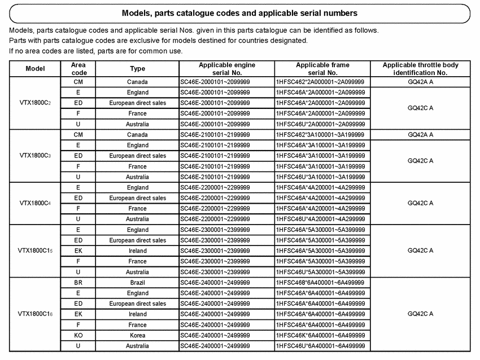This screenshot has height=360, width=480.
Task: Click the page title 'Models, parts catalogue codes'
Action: pyautogui.click(x=239, y=12)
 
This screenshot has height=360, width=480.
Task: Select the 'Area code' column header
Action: pyautogui.click(x=78, y=69)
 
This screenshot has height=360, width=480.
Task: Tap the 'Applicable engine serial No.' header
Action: pyautogui.click(x=226, y=69)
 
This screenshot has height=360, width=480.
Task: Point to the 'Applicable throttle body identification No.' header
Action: pyautogui.click(x=420, y=69)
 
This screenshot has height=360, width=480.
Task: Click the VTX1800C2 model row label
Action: pyautogui.click(x=35, y=103)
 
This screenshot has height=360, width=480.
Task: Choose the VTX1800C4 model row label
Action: pyautogui.click(x=35, y=203)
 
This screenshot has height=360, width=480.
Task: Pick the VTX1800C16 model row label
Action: pyautogui.click(x=35, y=314)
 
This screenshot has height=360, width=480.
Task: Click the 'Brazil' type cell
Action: pyautogui.click(x=137, y=282)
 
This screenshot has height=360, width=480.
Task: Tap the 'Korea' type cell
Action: pyautogui.click(x=137, y=335)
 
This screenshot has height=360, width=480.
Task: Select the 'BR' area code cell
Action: pyautogui.click(x=78, y=282)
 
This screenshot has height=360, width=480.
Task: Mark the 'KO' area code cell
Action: pyautogui.click(x=78, y=335)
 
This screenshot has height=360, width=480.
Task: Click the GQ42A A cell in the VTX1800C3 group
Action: pyautogui.click(x=420, y=135)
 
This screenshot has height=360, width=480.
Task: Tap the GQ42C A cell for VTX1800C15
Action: pyautogui.click(x=420, y=251)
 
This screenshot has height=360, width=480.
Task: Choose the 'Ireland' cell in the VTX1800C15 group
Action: pyautogui.click(x=137, y=251)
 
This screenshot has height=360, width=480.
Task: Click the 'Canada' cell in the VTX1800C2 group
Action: pyautogui.click(x=137, y=82)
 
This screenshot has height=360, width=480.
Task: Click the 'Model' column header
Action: pyautogui.click(x=35, y=69)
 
